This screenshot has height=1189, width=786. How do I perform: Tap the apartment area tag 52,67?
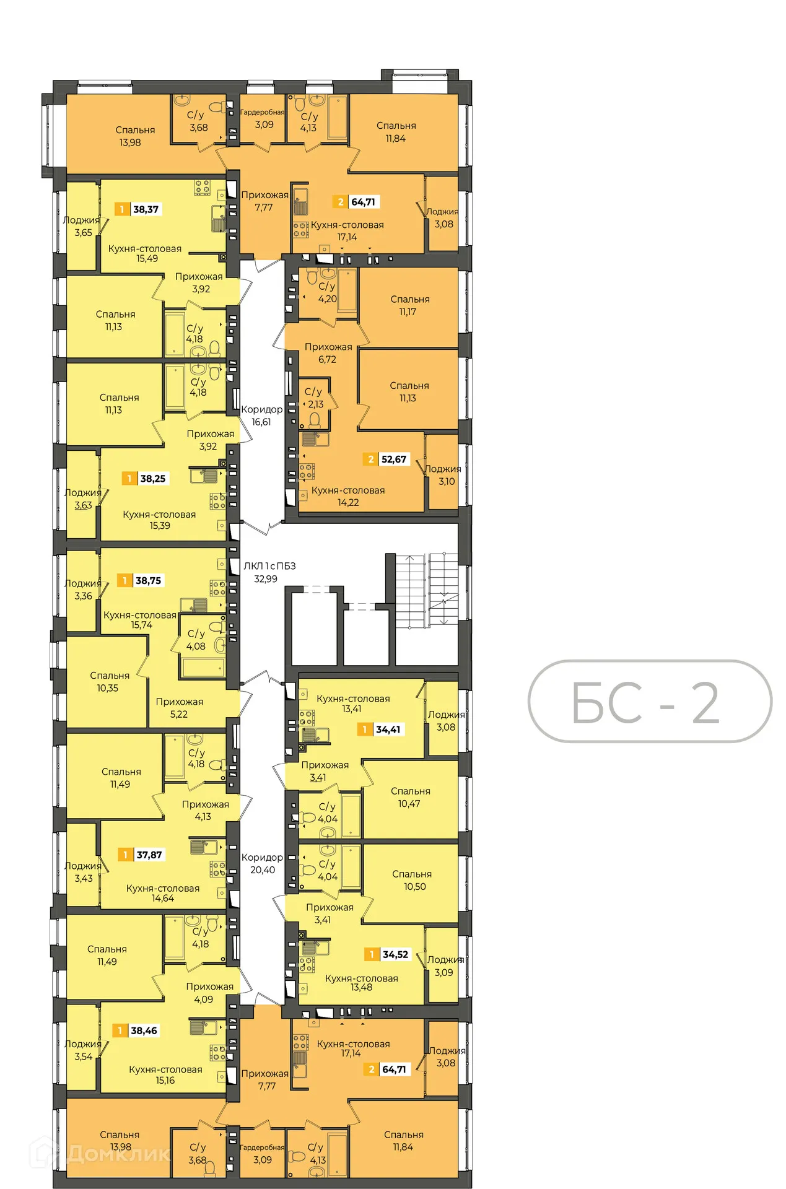(x=387, y=459)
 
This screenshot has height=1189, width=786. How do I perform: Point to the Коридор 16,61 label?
(x=261, y=416)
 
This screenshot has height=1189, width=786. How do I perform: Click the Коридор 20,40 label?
(x=262, y=863)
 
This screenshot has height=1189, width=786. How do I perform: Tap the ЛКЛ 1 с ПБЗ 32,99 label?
(x=268, y=572)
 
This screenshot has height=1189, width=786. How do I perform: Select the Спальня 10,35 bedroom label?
(x=109, y=681)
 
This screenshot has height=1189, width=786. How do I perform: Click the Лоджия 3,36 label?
(x=83, y=590)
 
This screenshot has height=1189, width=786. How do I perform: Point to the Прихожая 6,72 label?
(x=328, y=353)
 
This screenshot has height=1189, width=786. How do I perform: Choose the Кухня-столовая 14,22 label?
(x=348, y=496)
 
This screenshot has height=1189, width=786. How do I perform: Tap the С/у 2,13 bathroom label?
(x=314, y=398)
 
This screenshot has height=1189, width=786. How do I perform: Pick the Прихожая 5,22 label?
(x=179, y=707)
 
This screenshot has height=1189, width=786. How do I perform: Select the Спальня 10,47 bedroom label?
(x=410, y=797)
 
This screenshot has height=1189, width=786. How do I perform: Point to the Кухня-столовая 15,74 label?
(x=141, y=620)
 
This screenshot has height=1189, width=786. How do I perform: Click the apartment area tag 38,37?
(x=139, y=209)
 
